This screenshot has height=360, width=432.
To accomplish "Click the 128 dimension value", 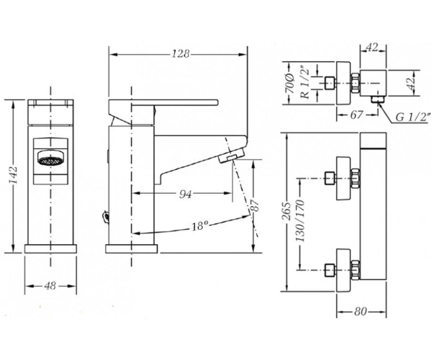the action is pos(181,54).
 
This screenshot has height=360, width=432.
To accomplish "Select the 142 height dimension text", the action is pos(13,175).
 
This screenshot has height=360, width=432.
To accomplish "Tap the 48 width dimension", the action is pos(50,286).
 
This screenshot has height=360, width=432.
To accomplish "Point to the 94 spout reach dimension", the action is pos(185,194).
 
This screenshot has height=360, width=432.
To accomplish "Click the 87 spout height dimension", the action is pos(256,205).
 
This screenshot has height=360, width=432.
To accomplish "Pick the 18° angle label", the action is pos(199,226).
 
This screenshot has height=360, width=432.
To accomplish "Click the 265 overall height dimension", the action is pos(287,211).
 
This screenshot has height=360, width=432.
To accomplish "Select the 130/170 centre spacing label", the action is pos(300,220).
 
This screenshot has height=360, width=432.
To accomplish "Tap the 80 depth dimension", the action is pos(361,312).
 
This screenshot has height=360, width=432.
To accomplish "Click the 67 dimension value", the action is pos(356,114).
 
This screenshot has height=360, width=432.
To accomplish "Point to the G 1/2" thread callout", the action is pos(413,117).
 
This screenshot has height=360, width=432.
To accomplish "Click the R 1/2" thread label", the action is pos(305,82).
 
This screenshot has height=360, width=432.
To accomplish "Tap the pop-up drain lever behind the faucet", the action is pos(105,216).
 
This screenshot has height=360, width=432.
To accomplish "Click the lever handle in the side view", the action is pos(163,103).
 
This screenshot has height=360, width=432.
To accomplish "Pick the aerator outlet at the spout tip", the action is pos(231,156).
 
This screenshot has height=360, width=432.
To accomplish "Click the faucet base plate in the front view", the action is pos(50,248).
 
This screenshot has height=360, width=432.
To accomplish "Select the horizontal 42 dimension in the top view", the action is pos(372,48).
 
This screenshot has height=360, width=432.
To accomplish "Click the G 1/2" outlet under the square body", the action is pos(378,99).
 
